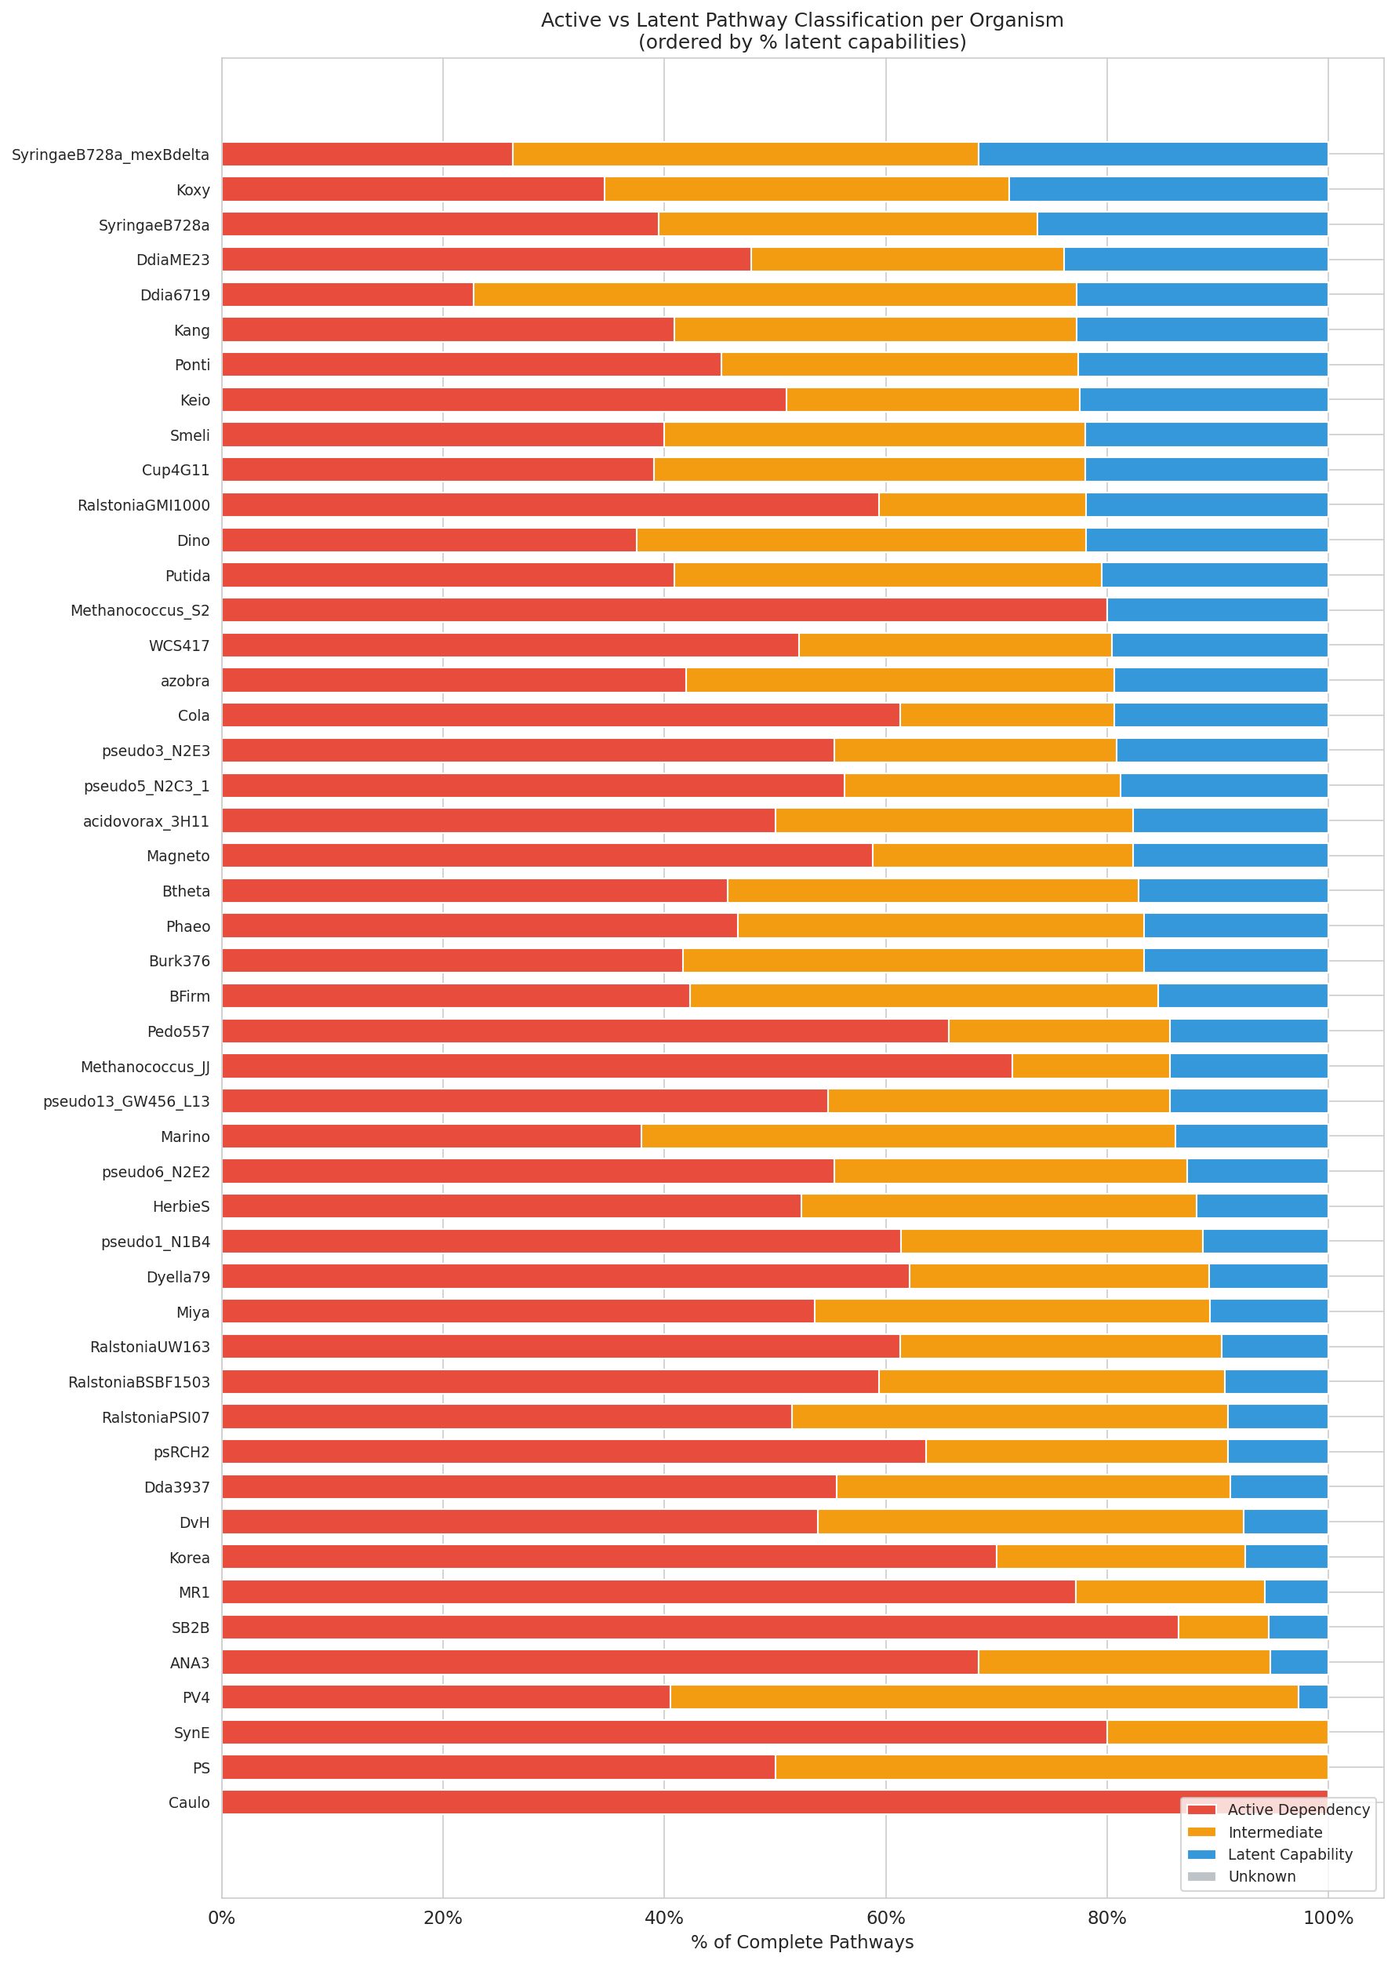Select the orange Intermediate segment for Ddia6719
click(774, 295)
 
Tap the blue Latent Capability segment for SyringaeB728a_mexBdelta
click(1153, 155)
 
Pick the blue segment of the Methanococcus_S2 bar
click(1217, 610)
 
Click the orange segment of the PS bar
click(1051, 1767)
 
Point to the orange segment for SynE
click(1217, 1732)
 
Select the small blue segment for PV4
click(1313, 1697)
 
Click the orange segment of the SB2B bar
click(1223, 1628)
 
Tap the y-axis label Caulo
click(189, 1802)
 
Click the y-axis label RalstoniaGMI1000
click(143, 505)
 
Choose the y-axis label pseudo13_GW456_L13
click(126, 1101)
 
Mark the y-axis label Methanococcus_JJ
click(145, 1067)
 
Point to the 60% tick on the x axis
click(885, 1918)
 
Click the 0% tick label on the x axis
click(222, 1918)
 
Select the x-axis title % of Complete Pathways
click(801, 1942)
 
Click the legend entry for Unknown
click(1261, 1876)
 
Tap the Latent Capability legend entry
click(1289, 1854)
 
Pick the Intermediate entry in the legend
click(1275, 1832)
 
